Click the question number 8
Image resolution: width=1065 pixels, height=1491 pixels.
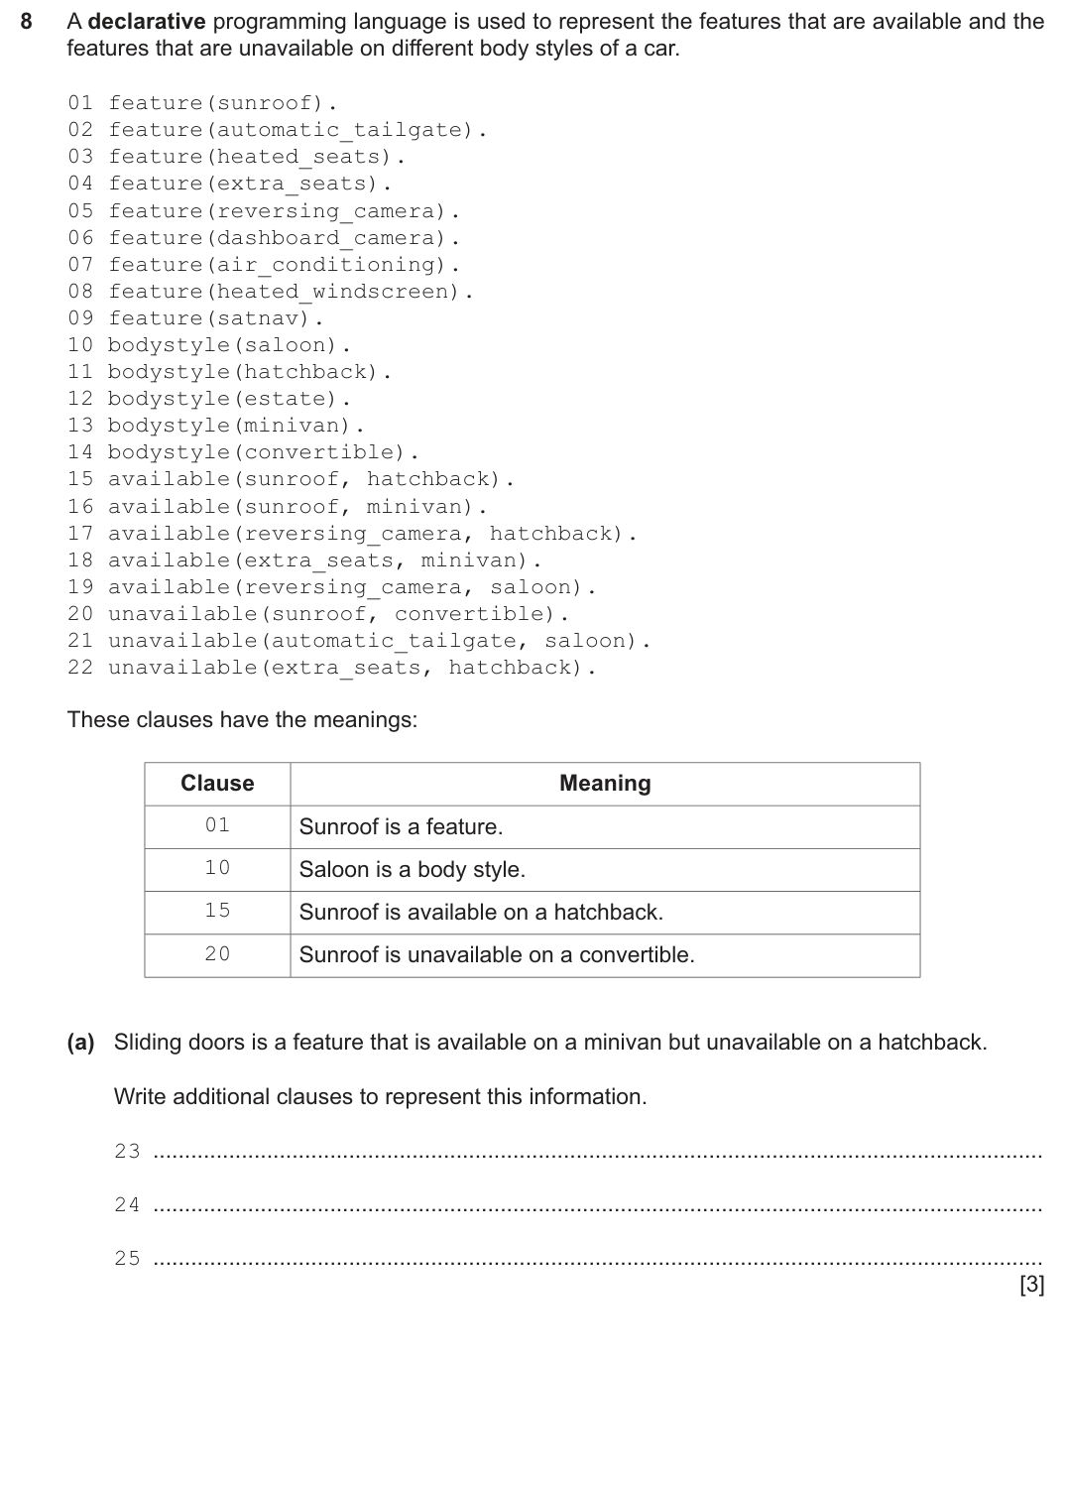[28, 22]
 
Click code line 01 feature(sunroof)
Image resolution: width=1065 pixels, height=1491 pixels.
[203, 103]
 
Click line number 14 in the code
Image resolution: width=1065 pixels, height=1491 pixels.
[80, 452]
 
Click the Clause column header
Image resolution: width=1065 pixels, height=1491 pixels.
[217, 784]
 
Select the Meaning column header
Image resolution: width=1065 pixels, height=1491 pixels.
[605, 784]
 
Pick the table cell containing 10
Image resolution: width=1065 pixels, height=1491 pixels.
[217, 868]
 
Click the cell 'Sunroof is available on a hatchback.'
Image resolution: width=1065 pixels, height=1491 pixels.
[481, 913]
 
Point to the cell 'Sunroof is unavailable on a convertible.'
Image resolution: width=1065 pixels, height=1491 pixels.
[497, 955]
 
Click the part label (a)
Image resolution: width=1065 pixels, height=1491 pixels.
[80, 1043]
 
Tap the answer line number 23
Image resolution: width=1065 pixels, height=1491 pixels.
[127, 1152]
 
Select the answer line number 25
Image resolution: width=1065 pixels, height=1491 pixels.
[127, 1259]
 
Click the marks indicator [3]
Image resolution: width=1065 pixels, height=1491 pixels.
[1031, 1285]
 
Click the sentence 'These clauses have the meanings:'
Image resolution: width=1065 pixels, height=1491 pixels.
[242, 720]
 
